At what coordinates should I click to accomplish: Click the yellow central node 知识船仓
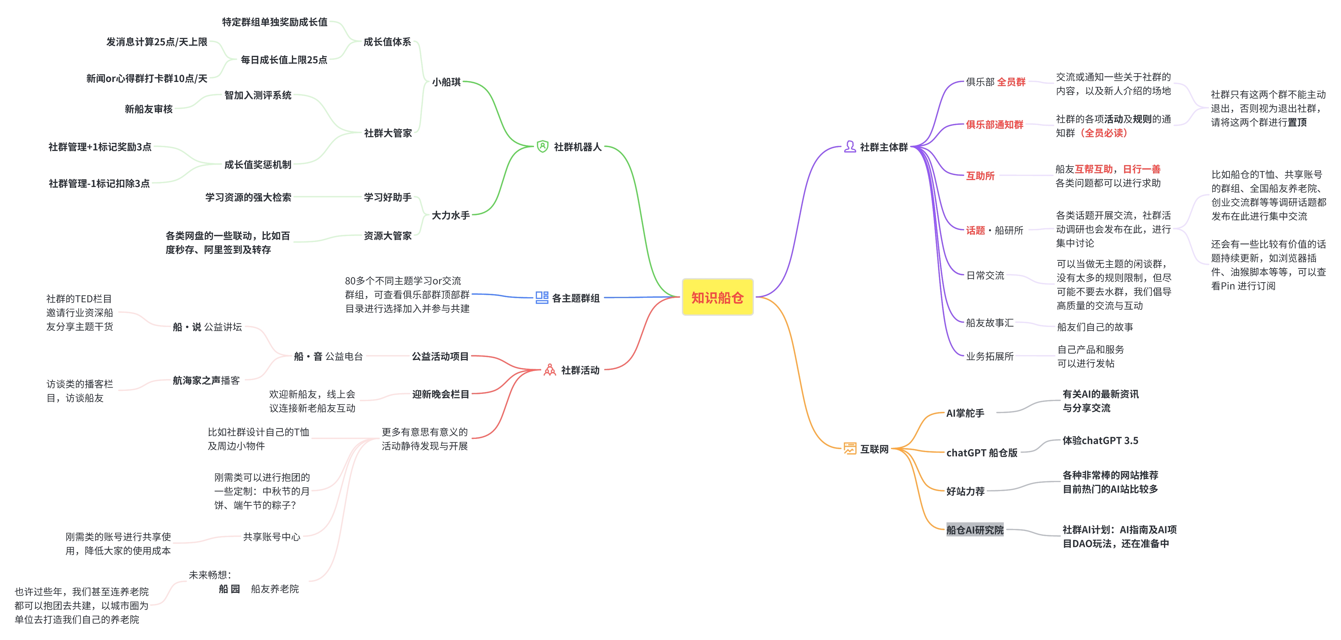pyautogui.click(x=717, y=297)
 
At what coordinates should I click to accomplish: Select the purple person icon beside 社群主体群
pyautogui.click(x=850, y=147)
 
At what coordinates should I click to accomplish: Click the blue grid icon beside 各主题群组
pyautogui.click(x=541, y=297)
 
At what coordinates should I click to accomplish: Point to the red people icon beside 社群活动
pyautogui.click(x=550, y=370)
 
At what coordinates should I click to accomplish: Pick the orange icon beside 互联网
pyautogui.click(x=850, y=448)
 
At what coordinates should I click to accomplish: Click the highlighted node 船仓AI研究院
pyautogui.click(x=974, y=530)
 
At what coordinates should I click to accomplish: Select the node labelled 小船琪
pyautogui.click(x=446, y=82)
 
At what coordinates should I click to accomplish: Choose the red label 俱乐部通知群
pyautogui.click(x=994, y=125)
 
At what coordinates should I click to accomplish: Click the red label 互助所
pyautogui.click(x=980, y=176)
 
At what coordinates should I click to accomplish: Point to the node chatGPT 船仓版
pyautogui.click(x=981, y=452)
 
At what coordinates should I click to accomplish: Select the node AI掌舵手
pyautogui.click(x=965, y=413)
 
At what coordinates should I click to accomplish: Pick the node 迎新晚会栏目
pyautogui.click(x=440, y=394)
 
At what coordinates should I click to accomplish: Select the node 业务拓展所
pyautogui.click(x=990, y=356)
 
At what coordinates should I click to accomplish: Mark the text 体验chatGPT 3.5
pyautogui.click(x=1100, y=441)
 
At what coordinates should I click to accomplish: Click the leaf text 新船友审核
pyautogui.click(x=148, y=109)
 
